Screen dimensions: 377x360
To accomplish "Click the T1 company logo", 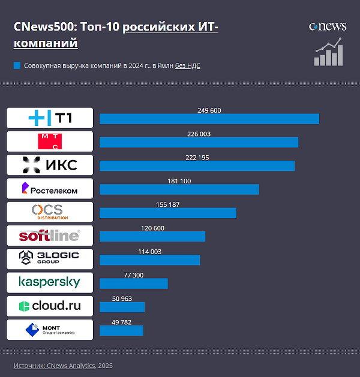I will [50, 118].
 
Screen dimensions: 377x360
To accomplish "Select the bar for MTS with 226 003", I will [199, 142].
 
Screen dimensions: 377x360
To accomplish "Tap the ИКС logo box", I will [50, 165].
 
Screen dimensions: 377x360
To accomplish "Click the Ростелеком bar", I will [179, 189].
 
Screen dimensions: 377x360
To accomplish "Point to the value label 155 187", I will [167, 204].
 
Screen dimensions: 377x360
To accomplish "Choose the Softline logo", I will [50, 236].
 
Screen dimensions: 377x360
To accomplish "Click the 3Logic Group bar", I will [149, 260].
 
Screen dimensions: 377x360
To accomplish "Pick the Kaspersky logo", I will [50, 282].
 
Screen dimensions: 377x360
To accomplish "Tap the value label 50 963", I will [122, 298].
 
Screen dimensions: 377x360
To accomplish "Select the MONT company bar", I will [121, 330].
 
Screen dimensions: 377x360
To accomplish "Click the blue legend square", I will [17, 65].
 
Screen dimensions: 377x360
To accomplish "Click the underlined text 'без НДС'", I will [188, 65].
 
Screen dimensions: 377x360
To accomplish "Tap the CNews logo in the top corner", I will [328, 26].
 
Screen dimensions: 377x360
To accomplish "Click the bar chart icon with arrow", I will [328, 53].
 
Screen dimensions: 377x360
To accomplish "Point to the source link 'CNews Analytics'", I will [71, 366].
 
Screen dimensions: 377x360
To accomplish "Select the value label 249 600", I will [209, 110].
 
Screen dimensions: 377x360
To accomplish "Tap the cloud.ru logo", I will [50, 306].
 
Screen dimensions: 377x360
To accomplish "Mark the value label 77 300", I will [133, 275].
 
